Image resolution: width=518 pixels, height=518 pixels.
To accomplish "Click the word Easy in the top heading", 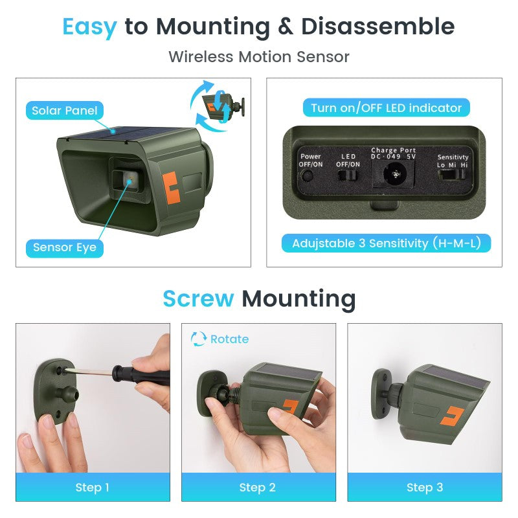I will tap(89, 27).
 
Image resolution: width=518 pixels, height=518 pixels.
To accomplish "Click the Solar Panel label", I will tap(65, 111).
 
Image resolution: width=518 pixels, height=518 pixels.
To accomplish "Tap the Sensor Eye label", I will tap(65, 247).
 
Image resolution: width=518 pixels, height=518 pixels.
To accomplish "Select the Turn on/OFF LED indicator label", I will tap(386, 108).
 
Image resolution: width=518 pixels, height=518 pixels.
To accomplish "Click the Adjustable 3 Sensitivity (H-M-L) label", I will tap(386, 243).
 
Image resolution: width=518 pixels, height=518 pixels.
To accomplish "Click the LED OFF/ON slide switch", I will tap(350, 175).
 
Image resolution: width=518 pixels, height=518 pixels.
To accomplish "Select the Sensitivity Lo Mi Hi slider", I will tap(452, 175).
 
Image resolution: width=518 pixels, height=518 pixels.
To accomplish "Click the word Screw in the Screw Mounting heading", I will tap(198, 299).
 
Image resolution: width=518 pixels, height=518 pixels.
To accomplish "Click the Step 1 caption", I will tap(93, 488).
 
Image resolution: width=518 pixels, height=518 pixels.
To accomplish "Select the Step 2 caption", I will tap(258, 488).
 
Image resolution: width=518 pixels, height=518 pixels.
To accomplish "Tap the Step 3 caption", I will tap(425, 488).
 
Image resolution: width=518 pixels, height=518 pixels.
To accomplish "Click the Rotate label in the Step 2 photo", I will tap(229, 339).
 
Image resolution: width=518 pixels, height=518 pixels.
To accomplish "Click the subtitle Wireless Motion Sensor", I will tap(259, 56).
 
